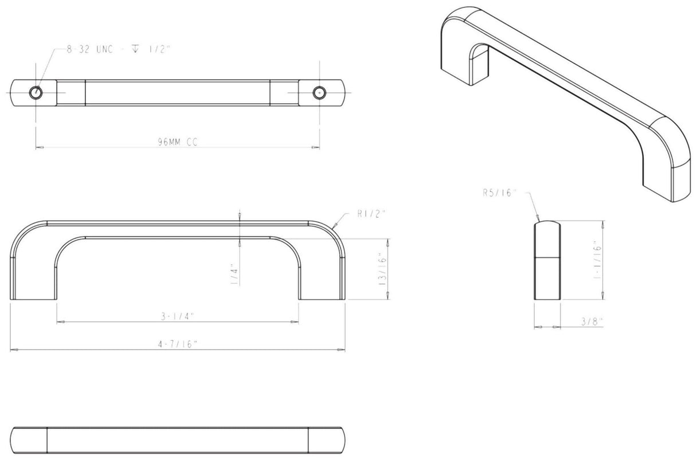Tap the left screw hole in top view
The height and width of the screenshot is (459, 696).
tap(36, 92)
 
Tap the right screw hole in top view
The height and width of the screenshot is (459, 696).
tap(319, 92)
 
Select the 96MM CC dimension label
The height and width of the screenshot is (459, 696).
tap(178, 143)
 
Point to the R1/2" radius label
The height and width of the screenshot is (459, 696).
tap(371, 213)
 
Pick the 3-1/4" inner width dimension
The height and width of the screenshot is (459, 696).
tap(177, 316)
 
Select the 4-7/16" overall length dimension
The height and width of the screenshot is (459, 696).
tap(177, 344)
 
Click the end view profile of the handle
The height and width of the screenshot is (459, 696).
tap(547, 261)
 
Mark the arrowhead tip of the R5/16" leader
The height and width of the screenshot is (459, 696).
tap(539, 219)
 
